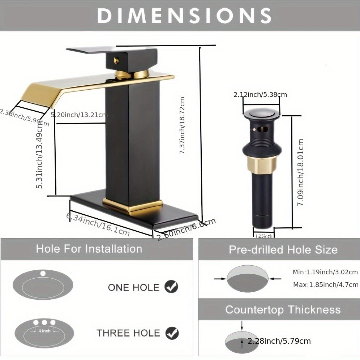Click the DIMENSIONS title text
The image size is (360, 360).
pyautogui.click(x=184, y=16)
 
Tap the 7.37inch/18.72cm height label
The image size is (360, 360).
pyautogui.click(x=183, y=125)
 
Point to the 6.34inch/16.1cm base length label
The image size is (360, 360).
pyautogui.click(x=98, y=224)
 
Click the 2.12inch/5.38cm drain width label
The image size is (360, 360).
pyautogui.click(x=260, y=95)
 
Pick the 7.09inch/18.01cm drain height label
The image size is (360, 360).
pyautogui.click(x=300, y=172)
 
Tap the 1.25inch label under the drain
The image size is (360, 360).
pyautogui.click(x=264, y=236)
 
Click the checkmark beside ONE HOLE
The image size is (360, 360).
pyautogui.click(x=171, y=287)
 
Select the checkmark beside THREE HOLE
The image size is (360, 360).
pyautogui.click(x=172, y=333)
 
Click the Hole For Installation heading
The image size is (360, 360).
pyautogui.click(x=89, y=249)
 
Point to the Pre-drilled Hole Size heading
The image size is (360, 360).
pyautogui.click(x=283, y=250)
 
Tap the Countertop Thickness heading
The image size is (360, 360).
pyautogui.click(x=283, y=310)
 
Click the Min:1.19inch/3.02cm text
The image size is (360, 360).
pyautogui.click(x=325, y=272)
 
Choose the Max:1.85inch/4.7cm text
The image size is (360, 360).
pyautogui.click(x=325, y=284)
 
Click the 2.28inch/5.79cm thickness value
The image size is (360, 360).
pyautogui.click(x=279, y=341)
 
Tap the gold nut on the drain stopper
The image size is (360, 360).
pyautogui.click(x=262, y=165)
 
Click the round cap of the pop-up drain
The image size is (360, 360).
pyautogui.click(x=262, y=113)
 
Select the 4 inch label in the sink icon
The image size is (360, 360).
pyautogui.click(x=44, y=331)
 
